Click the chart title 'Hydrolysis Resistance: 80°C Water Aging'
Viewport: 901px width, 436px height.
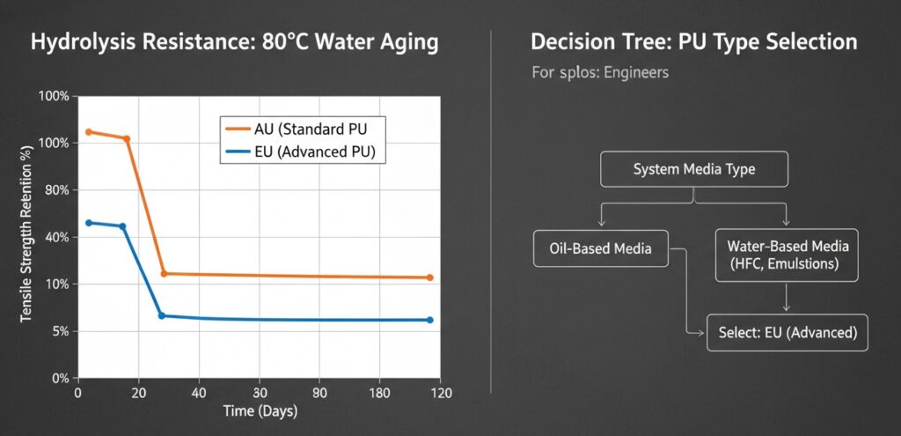[233, 43]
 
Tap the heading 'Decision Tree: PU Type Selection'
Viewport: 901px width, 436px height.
[694, 42]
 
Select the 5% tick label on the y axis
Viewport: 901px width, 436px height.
[59, 331]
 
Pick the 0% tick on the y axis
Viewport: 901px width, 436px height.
[59, 378]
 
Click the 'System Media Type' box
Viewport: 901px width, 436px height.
[694, 169]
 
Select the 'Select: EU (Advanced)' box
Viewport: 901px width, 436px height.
[787, 333]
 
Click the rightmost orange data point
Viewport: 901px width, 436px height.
[430, 277]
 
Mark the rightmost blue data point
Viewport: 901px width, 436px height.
[430, 320]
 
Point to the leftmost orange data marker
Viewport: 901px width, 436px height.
[88, 132]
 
